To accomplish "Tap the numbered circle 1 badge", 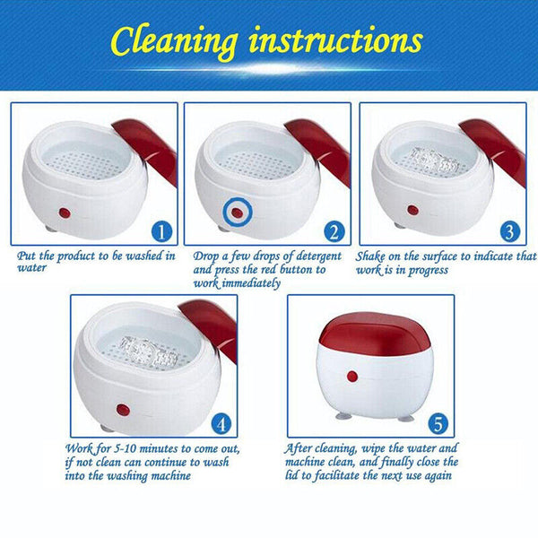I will click(161, 231).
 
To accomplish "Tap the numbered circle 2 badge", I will click(334, 231).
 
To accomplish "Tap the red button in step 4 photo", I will click(122, 410).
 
